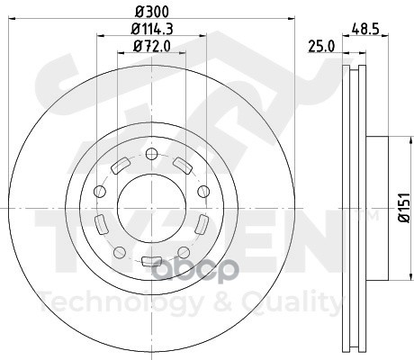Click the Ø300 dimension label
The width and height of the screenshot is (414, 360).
click(x=152, y=12)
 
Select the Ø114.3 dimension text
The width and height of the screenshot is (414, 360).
click(x=152, y=29)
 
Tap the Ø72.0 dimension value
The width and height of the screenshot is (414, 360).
click(x=152, y=47)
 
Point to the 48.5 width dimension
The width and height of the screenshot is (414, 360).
click(x=365, y=30)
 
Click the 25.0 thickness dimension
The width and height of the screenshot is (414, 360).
click(x=321, y=47)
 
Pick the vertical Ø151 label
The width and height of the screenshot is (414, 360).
click(x=404, y=208)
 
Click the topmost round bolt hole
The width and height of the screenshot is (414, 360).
click(x=151, y=154)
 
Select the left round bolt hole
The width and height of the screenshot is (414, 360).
click(x=100, y=192)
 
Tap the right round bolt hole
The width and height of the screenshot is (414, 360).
click(x=203, y=192)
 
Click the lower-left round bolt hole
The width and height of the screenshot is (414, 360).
click(x=120, y=252)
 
